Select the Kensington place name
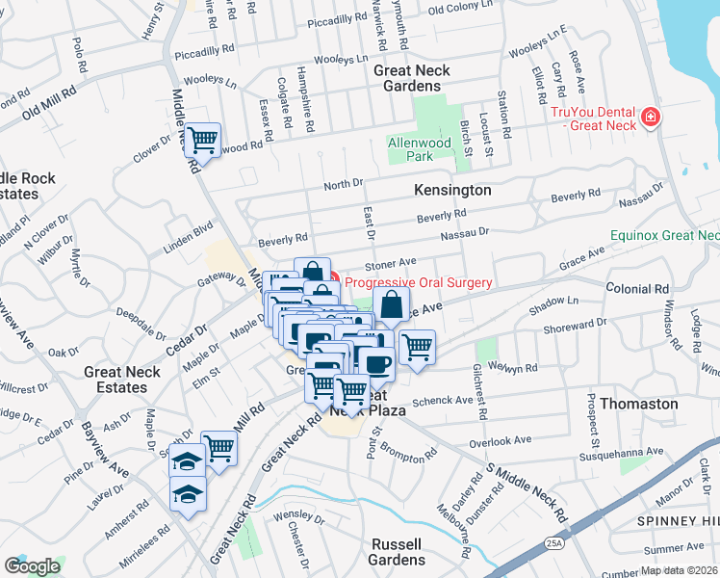point(452,191)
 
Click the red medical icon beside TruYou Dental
point(652,118)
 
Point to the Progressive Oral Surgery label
point(419,282)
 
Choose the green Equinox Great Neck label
point(664,235)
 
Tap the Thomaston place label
point(638,404)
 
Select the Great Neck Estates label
point(129,380)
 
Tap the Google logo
point(32,566)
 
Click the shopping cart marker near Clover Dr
point(202,141)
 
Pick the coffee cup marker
point(375,363)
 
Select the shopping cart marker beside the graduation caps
point(219,448)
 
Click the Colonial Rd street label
point(636,288)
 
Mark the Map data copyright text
point(678,570)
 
